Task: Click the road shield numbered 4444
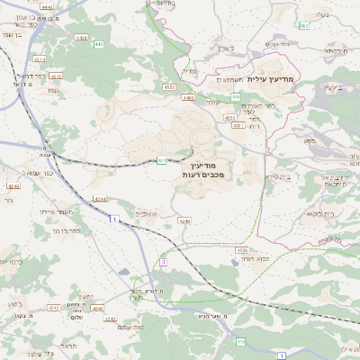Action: pyautogui.click(x=47, y=6)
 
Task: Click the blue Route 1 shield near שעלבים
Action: pyautogui.click(x=115, y=220)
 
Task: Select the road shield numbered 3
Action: pyautogui.click(x=163, y=262)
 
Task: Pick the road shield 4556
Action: pyautogui.click(x=241, y=249)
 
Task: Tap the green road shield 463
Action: pyautogui.click(x=304, y=25)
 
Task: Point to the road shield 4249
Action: pyautogui.click(x=184, y=220)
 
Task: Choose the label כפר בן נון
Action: pyautogui.click(x=58, y=231)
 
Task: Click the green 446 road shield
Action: pyautogui.click(x=235, y=96)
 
